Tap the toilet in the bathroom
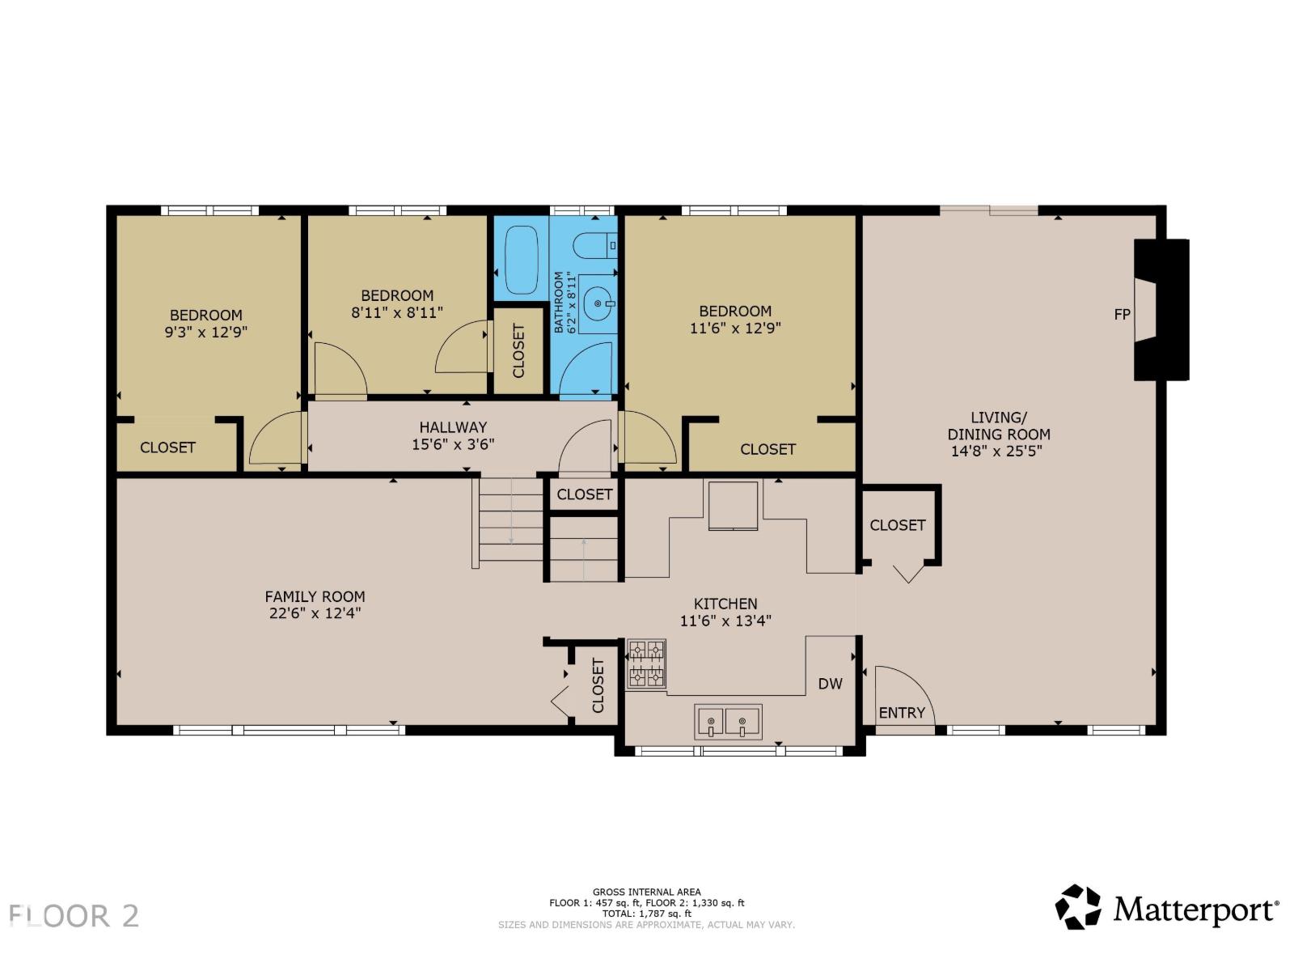tap(594, 244)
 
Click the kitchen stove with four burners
tap(646, 664)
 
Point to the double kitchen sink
tap(728, 722)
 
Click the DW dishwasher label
tap(830, 684)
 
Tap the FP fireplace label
tap(1122, 314)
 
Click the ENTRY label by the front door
tap(901, 712)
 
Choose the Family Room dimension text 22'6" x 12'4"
tap(315, 613)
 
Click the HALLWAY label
tap(453, 426)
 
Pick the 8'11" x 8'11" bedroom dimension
tap(397, 312)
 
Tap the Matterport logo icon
tap(1078, 907)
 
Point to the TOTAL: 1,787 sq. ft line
tap(646, 914)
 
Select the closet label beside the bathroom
tap(518, 351)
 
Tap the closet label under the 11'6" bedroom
tap(768, 449)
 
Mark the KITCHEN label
tap(725, 604)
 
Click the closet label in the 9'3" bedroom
tap(167, 447)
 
